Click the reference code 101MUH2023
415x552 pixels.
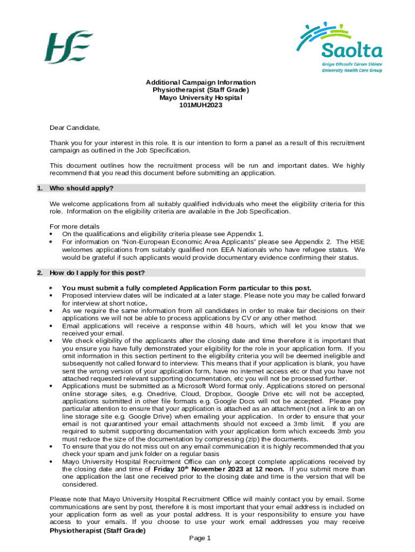coord(200,106)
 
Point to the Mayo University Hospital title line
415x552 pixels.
coord(200,98)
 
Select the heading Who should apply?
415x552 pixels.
coord(81,189)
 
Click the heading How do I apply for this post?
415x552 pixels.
coord(97,272)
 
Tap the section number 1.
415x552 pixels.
coord(39,189)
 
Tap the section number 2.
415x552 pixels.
coord(39,272)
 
